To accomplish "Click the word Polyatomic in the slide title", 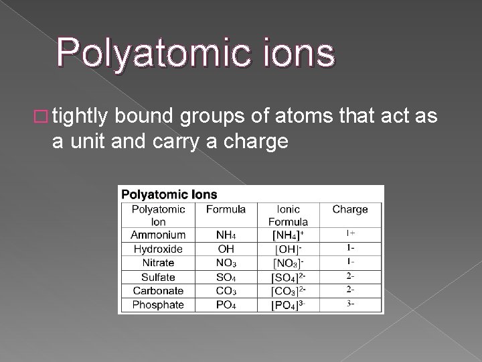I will coord(151,54).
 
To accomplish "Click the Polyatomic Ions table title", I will coord(169,194).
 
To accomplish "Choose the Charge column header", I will coord(350,209).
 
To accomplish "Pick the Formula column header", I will coord(226,209).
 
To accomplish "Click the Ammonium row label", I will coord(159,235).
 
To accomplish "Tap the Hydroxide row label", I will coord(159,249).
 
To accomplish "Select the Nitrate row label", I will coord(159,263).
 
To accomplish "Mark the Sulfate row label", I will coord(159,277).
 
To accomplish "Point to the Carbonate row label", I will coord(159,291).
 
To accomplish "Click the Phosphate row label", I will coord(159,304).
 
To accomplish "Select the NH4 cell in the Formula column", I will coord(226,235).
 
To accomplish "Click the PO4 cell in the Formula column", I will coord(226,305).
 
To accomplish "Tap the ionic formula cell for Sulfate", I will coord(289,277).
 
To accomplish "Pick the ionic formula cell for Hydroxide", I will coord(289,249).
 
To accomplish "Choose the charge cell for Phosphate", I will coord(350,304).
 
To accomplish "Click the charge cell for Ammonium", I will coord(350,234).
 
